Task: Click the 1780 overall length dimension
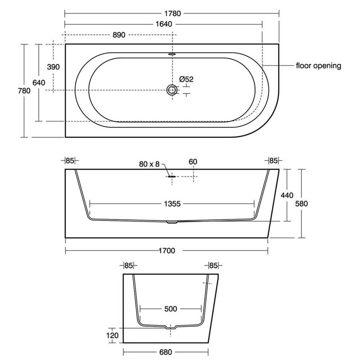click(172, 14)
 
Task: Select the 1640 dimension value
click(164, 24)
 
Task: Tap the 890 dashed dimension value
click(119, 35)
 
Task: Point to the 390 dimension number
click(53, 67)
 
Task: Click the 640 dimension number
click(39, 83)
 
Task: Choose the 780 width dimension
click(24, 91)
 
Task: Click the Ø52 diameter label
click(186, 79)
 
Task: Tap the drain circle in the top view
click(172, 90)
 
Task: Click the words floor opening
click(319, 66)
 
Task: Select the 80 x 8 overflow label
click(149, 164)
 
